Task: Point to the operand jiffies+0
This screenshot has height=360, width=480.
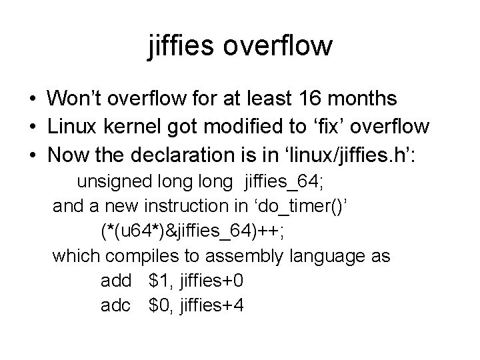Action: pyautogui.click(x=210, y=281)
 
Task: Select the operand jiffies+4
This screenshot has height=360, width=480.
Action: pyautogui.click(x=210, y=306)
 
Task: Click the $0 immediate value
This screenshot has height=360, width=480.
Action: pyautogui.click(x=159, y=306)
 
